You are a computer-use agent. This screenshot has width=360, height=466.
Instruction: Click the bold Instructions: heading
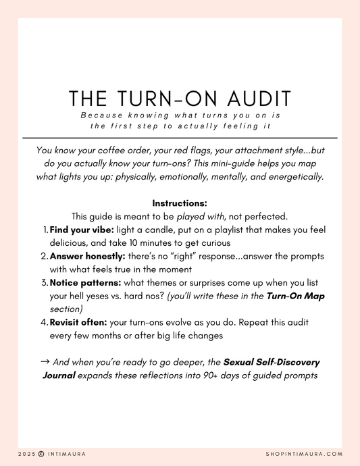click(x=180, y=203)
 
